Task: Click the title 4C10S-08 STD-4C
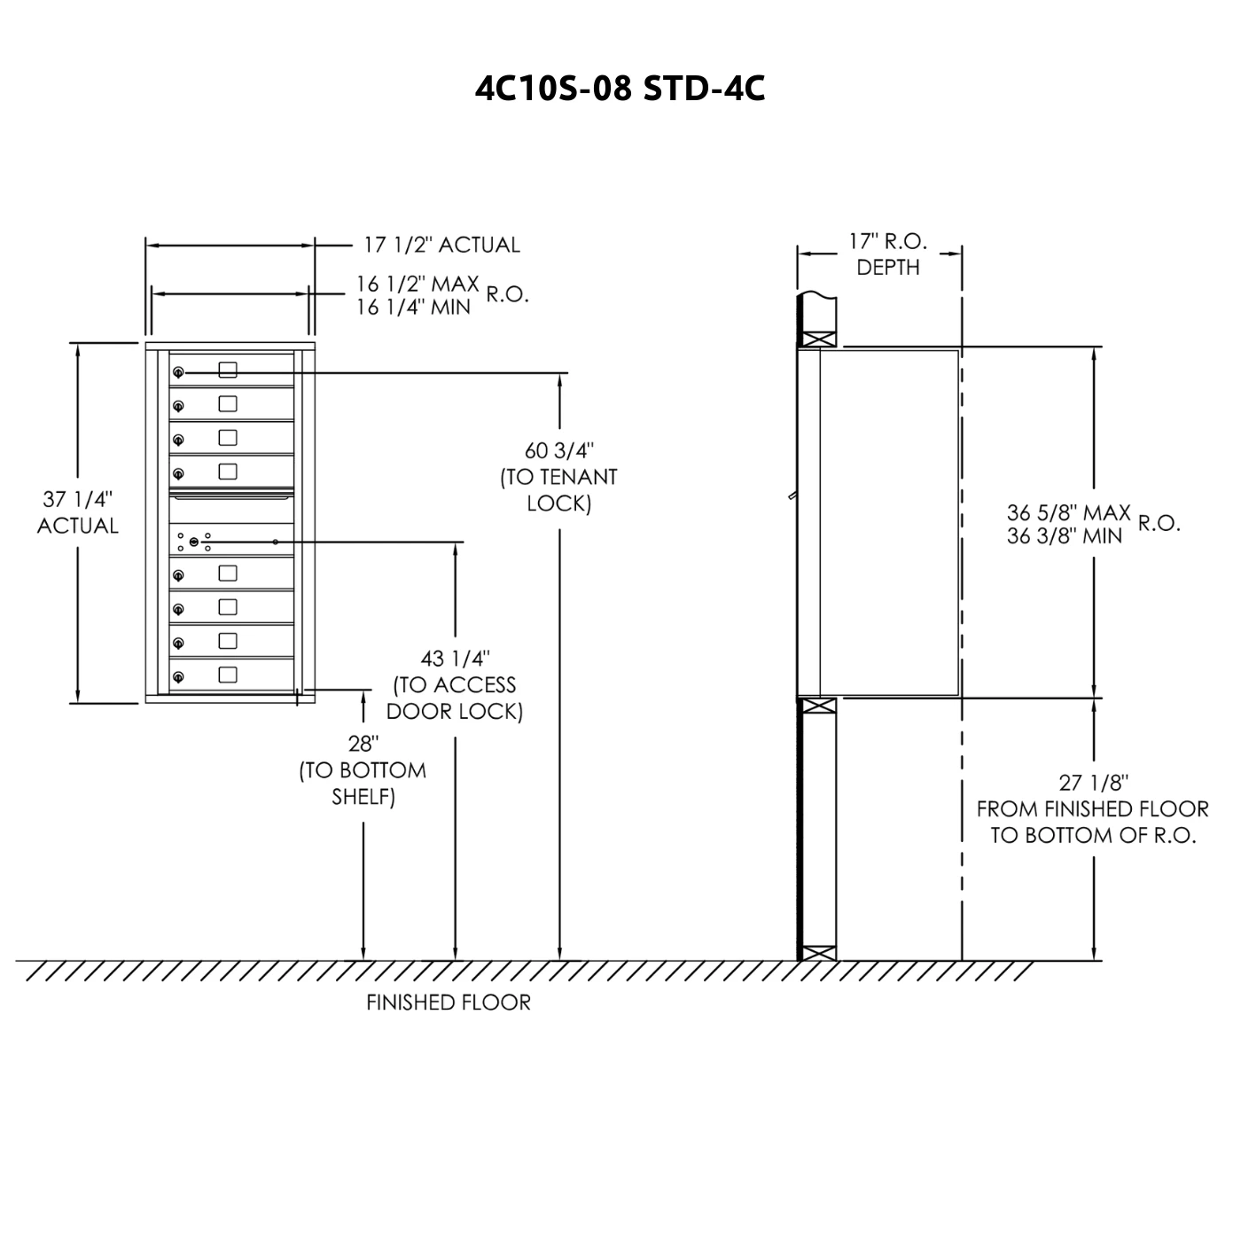tap(620, 89)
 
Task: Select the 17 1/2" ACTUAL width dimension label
tap(441, 245)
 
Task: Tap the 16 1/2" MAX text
tap(418, 284)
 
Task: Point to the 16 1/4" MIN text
tap(413, 308)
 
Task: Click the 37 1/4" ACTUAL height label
tap(78, 512)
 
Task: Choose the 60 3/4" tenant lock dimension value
tap(559, 450)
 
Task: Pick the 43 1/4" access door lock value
tap(456, 659)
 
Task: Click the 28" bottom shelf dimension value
tap(363, 744)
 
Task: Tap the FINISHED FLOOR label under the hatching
tap(449, 1002)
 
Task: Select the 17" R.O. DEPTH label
tap(888, 254)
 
